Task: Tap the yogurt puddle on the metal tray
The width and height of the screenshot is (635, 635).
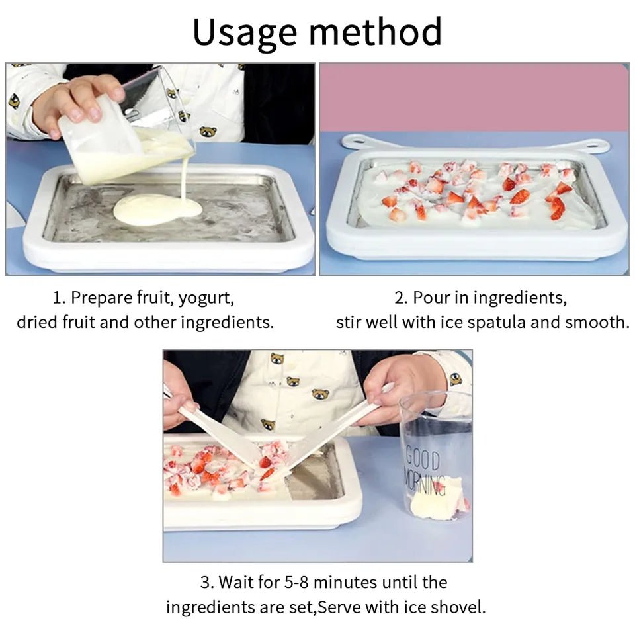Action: click(156, 210)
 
